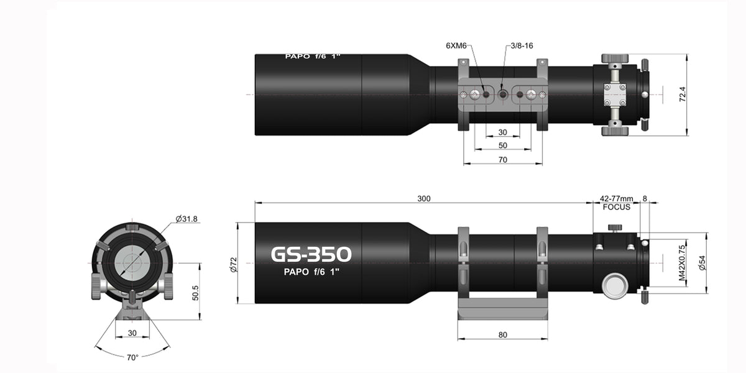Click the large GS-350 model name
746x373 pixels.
[311, 254]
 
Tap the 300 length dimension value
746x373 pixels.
[423, 198]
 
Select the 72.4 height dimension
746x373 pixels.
[700, 94]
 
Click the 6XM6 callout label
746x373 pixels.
[456, 45]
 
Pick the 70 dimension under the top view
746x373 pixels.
[503, 160]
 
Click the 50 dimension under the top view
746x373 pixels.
[503, 145]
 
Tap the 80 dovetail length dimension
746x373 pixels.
[503, 335]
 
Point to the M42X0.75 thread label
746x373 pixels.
[682, 263]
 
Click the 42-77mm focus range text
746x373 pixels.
[616, 198]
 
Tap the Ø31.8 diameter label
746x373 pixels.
[186, 219]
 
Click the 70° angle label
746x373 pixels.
[132, 357]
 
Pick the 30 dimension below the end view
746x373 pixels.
[132, 333]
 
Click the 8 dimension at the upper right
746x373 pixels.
[645, 198]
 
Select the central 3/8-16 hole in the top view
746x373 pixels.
[503, 94]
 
